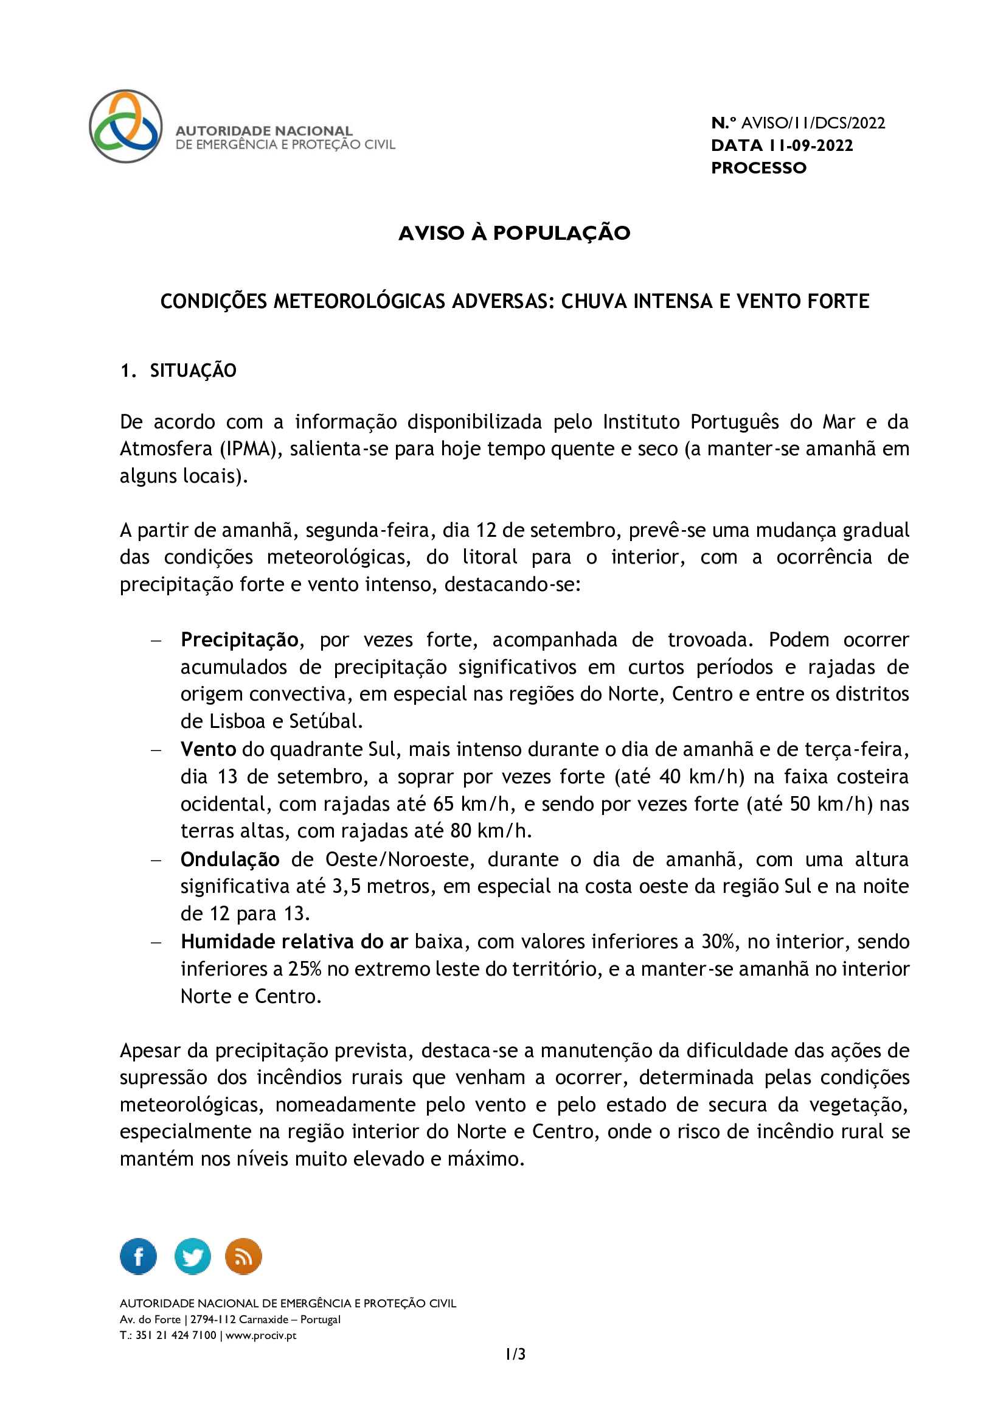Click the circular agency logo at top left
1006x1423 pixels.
click(x=126, y=127)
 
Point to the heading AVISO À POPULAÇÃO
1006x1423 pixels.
click(x=514, y=233)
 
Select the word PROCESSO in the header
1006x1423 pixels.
click(x=758, y=168)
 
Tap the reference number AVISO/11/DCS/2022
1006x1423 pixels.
click(x=813, y=124)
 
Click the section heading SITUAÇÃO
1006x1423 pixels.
click(x=193, y=371)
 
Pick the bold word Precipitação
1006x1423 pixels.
click(x=240, y=640)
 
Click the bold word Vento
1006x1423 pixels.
click(x=208, y=749)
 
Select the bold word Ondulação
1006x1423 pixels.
click(x=230, y=859)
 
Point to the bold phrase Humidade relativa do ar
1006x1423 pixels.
click(x=294, y=942)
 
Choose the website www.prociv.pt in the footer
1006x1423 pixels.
click(x=261, y=1335)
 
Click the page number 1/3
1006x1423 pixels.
click(x=515, y=1354)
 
